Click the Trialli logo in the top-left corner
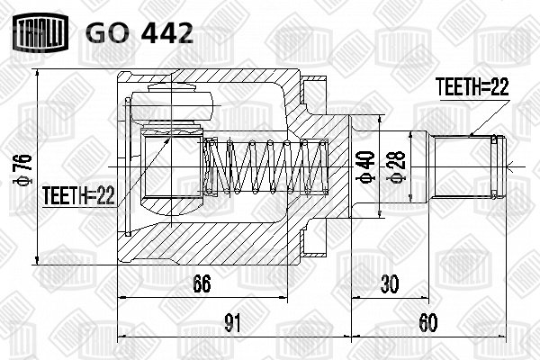40,32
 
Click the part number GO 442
139,33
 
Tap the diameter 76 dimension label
22,168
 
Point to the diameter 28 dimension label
398,166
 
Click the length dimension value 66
202,283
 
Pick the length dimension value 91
232,323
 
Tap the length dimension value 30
390,283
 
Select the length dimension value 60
428,323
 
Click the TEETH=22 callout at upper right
472,86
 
